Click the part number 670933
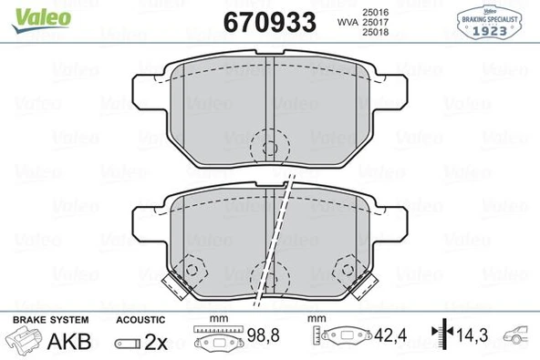(x=270, y=20)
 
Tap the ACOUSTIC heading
(x=140, y=320)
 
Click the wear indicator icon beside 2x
(x=126, y=344)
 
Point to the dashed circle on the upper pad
(x=268, y=144)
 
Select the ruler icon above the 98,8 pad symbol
(x=216, y=330)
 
